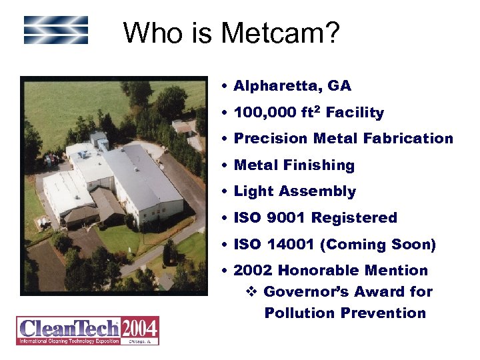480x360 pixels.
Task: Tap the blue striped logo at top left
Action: (x=56, y=30)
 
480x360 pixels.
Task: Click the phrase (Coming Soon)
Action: (x=379, y=245)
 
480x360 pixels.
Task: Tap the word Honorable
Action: (x=319, y=271)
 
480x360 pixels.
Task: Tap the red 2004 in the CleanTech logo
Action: (x=139, y=328)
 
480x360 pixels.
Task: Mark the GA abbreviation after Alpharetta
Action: (x=339, y=86)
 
